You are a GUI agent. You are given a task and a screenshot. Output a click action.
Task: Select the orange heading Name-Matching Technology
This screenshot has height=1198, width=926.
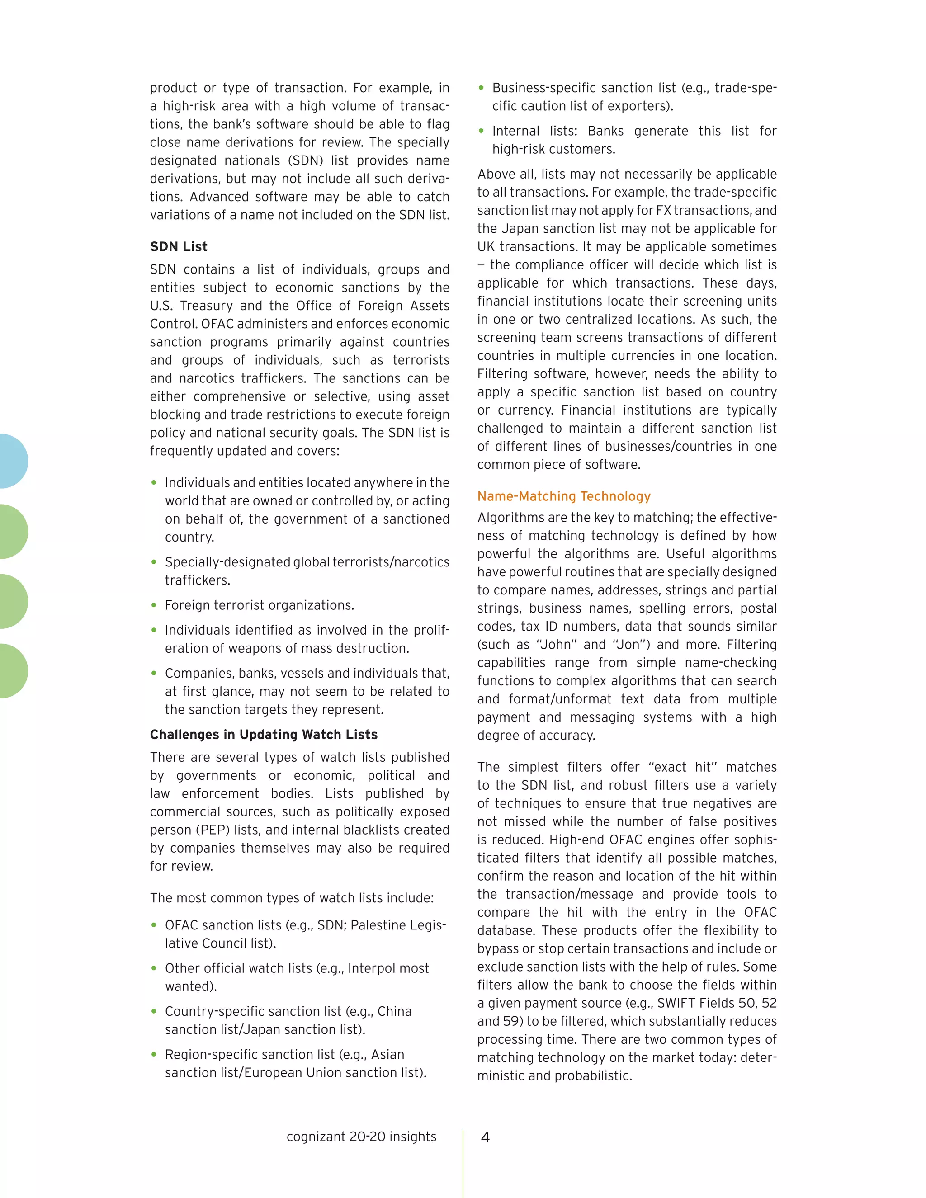pyautogui.click(x=563, y=496)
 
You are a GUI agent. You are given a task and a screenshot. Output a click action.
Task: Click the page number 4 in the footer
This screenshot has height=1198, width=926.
pyautogui.click(x=485, y=1137)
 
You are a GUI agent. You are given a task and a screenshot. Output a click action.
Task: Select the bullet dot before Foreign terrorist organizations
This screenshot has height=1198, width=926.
pyautogui.click(x=154, y=605)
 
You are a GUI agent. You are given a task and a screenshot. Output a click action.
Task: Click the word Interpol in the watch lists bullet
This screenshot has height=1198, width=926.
pyautogui.click(x=370, y=968)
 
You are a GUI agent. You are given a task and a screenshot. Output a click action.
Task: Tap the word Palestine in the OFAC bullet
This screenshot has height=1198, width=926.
pyautogui.click(x=378, y=925)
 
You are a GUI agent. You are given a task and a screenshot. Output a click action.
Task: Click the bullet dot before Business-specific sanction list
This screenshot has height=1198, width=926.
pyautogui.click(x=481, y=88)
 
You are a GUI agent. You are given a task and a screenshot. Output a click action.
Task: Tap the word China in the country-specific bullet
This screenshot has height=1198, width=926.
pyautogui.click(x=394, y=1011)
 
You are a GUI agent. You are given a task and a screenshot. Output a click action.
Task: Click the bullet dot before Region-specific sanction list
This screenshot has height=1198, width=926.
pyautogui.click(x=154, y=1054)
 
